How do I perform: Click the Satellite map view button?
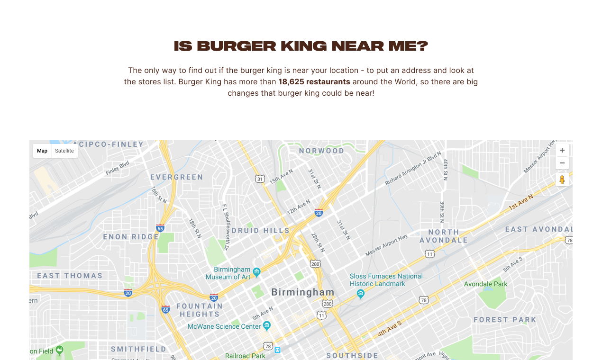point(64,151)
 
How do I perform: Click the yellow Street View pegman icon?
point(562,180)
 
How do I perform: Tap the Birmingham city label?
point(302,292)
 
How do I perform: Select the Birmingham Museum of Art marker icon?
point(256,272)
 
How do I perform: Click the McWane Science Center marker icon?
point(266,325)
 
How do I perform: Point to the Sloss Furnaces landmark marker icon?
point(360,294)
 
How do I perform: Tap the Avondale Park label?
point(485,284)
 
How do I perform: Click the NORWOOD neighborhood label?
point(321,151)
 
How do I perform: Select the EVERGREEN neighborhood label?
point(176,177)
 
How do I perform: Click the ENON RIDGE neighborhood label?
point(131,237)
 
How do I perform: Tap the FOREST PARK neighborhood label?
point(505,320)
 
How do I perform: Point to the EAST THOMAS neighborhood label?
point(70,276)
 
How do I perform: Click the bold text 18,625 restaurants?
point(314,82)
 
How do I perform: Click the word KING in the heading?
point(303,46)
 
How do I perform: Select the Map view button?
point(42,151)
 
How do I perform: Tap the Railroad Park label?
point(245,356)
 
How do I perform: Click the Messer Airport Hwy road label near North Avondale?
point(386,245)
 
